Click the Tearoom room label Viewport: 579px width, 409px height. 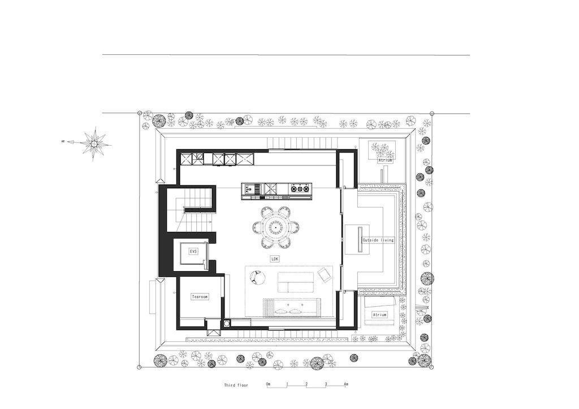coord(200,297)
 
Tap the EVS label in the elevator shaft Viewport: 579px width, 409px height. coord(193,251)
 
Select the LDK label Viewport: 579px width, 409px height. coord(275,259)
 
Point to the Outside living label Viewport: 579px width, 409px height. coord(378,240)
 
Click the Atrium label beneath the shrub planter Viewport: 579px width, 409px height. coord(384,160)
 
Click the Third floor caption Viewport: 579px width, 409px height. coord(236,385)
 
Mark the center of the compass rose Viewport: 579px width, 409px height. coord(94,142)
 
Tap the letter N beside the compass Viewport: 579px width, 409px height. coord(63,141)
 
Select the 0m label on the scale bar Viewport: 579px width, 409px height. coord(269,384)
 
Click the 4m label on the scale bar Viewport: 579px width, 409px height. coord(345,384)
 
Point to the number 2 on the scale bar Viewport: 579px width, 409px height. coord(306,384)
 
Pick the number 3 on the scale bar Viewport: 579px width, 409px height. coord(326,384)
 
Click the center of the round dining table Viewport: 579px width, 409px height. coord(276,228)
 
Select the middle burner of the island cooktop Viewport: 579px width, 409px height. coord(300,189)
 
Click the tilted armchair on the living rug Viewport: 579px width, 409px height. coord(324,276)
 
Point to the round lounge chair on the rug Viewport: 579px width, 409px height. coord(257,277)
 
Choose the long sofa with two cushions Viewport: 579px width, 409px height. coord(291,307)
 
